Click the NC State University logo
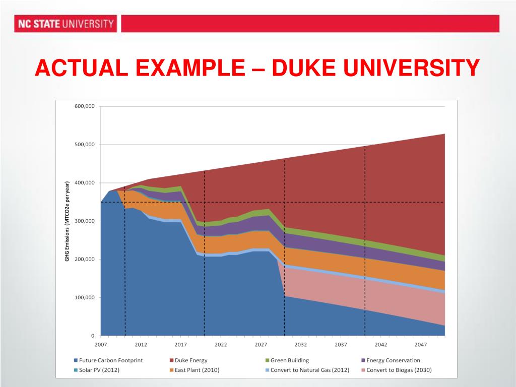(66, 24)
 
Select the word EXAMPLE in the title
(190, 68)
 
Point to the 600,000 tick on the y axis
(85, 106)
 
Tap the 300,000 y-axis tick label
(85, 221)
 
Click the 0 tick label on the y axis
(93, 336)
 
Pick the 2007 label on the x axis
(101, 345)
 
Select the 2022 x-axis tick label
(221, 345)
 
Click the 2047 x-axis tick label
(421, 345)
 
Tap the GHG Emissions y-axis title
(67, 221)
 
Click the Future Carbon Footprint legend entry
(109, 360)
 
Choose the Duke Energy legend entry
(188, 360)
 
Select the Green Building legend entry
(287, 360)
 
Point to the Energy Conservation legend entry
(391, 360)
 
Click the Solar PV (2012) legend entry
(97, 370)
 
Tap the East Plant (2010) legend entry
(195, 370)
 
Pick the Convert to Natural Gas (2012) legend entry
(307, 370)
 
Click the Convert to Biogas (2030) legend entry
(397, 370)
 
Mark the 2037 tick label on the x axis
(341, 345)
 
